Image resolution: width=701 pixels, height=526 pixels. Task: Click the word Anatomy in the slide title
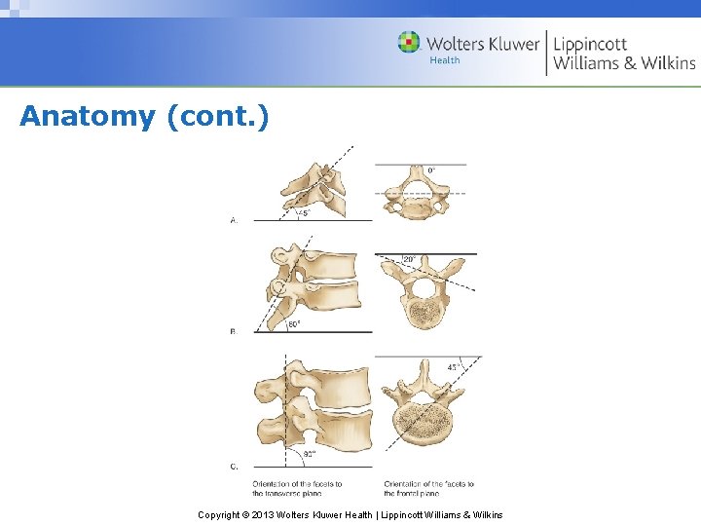[x=88, y=117]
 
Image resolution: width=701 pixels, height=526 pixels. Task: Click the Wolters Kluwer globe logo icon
[x=409, y=42]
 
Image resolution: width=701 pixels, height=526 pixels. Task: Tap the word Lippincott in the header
[x=591, y=44]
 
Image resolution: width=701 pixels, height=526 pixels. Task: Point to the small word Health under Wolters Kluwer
[x=444, y=60]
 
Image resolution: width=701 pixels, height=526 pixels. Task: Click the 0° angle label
[x=430, y=170]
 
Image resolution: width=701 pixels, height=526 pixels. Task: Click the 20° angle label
[x=410, y=260]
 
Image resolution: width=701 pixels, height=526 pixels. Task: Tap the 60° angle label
[x=294, y=324]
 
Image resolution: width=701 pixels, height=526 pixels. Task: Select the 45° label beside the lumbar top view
[x=454, y=367]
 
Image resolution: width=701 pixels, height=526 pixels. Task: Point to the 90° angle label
[x=310, y=454]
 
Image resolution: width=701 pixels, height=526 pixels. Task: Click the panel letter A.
[x=234, y=221]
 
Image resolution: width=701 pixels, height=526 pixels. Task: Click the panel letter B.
[x=234, y=332]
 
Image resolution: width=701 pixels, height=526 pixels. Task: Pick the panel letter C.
[x=234, y=467]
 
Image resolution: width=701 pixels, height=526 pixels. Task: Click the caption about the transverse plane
[x=297, y=487]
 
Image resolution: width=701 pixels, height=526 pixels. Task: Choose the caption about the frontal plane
[x=428, y=487]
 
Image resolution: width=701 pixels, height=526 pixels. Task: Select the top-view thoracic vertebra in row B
[x=423, y=292]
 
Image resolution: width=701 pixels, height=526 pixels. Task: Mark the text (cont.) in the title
[x=217, y=117]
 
